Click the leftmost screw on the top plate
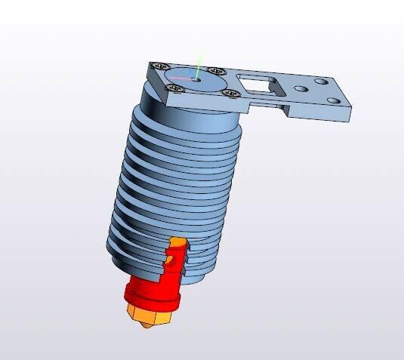coord(158,66)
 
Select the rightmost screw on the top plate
coord(230,93)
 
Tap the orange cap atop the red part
coord(178,243)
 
